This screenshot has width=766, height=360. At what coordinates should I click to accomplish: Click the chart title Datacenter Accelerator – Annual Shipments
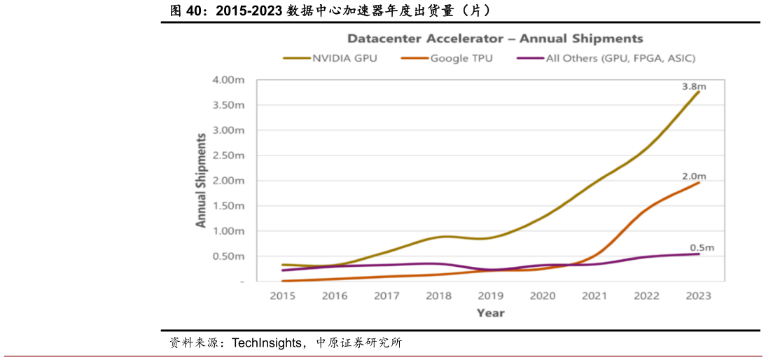(x=495, y=39)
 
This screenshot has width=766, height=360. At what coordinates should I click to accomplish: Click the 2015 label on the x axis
(x=282, y=296)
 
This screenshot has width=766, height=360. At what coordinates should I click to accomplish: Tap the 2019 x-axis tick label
(x=490, y=296)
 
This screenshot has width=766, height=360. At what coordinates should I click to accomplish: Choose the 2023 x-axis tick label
(x=698, y=296)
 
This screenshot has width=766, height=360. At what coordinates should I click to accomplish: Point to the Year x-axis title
(x=490, y=313)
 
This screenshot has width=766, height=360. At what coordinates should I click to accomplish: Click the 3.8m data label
(x=694, y=87)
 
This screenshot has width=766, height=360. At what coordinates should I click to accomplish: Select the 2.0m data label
(x=694, y=175)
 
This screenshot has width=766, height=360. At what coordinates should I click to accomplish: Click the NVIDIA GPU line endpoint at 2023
(x=698, y=91)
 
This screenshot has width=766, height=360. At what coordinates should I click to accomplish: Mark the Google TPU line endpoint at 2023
(x=698, y=182)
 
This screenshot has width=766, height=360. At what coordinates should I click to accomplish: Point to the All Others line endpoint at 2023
(x=698, y=254)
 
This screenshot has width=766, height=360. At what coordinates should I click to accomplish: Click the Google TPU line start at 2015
(x=282, y=281)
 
